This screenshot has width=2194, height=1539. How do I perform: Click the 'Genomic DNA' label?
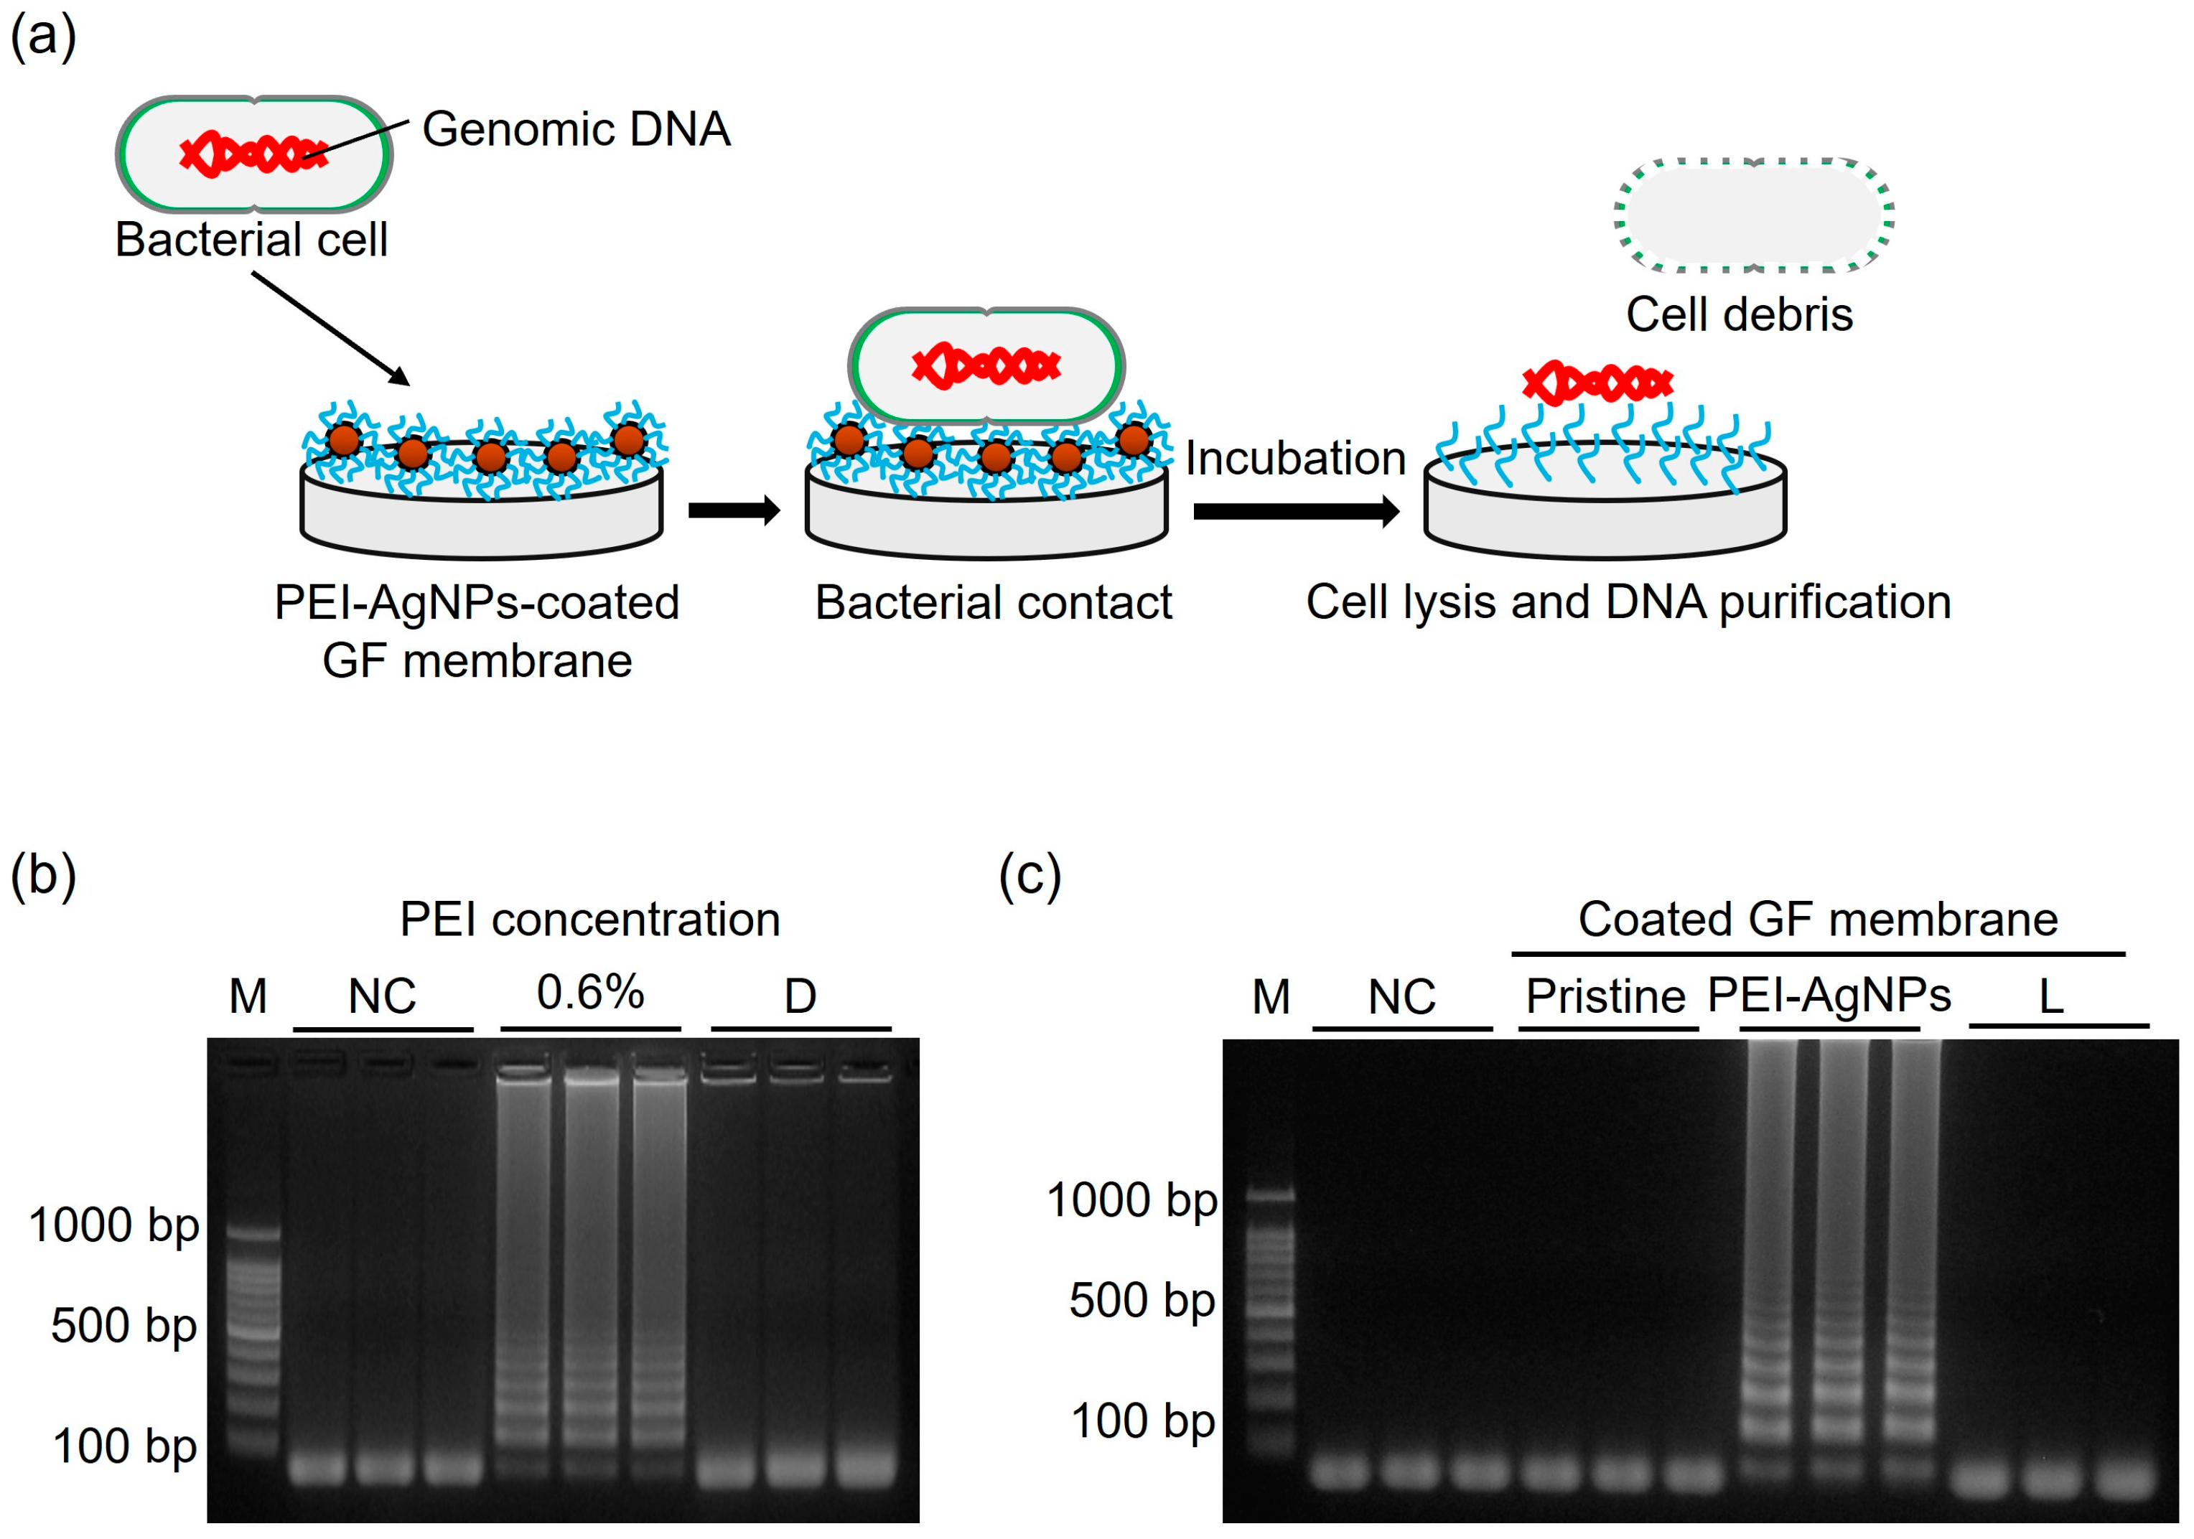click(x=576, y=129)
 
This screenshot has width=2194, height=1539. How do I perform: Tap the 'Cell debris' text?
click(x=1739, y=314)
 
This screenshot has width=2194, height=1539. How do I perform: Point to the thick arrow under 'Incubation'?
click(x=1295, y=511)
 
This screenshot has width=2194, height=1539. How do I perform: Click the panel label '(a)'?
click(x=43, y=38)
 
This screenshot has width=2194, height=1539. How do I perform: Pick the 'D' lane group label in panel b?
click(x=800, y=996)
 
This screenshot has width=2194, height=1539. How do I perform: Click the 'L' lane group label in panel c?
click(x=2050, y=996)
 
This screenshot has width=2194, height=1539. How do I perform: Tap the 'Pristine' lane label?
click(x=1605, y=996)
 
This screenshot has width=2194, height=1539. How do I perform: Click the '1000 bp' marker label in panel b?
click(x=113, y=1225)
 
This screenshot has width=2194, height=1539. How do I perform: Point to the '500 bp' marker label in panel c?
click(x=1142, y=1300)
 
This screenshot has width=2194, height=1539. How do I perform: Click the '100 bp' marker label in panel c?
click(x=1143, y=1421)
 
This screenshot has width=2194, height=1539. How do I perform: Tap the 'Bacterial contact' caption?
click(x=993, y=603)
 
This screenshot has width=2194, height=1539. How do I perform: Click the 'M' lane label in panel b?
click(x=248, y=996)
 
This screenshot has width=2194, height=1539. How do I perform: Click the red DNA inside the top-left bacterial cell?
click(x=253, y=154)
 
